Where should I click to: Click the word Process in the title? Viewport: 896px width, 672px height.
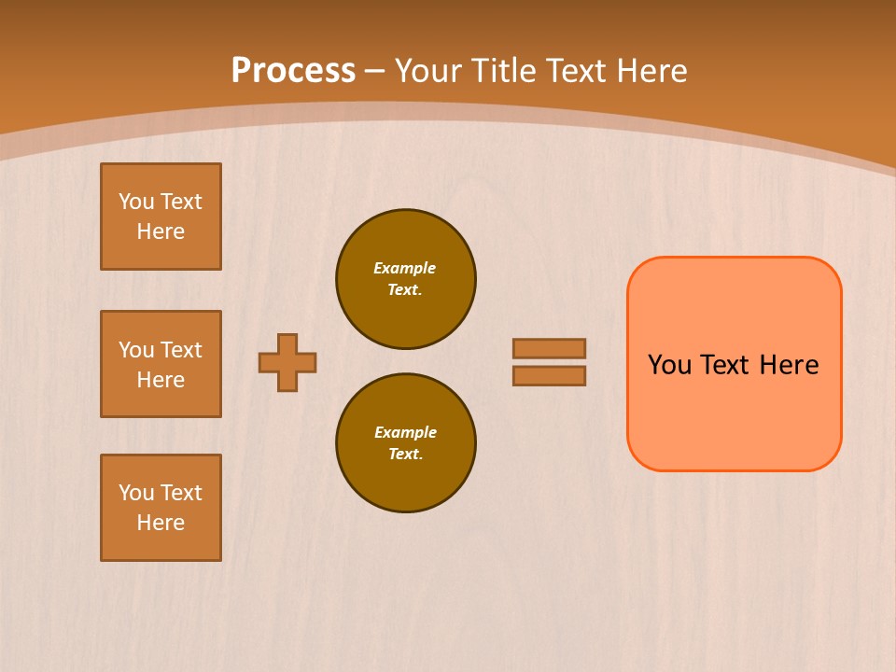293,71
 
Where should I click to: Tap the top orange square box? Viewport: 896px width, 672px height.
161,217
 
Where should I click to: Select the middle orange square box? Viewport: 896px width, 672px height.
161,364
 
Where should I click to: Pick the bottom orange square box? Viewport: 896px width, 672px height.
161,508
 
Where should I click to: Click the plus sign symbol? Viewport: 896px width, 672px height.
287,362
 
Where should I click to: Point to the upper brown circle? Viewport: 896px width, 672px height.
406,279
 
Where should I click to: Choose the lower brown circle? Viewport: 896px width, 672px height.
406,443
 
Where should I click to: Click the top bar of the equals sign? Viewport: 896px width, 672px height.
550,348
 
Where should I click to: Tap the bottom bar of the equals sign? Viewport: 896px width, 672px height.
550,375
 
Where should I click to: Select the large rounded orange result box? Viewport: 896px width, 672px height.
735,411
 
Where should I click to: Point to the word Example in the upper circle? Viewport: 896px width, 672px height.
404,268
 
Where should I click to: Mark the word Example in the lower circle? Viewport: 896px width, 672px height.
405,432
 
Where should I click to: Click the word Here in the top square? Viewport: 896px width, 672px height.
161,231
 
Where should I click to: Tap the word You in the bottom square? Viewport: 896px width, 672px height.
136,493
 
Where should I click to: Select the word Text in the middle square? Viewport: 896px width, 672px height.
181,350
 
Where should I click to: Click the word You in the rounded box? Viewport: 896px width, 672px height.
669,365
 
